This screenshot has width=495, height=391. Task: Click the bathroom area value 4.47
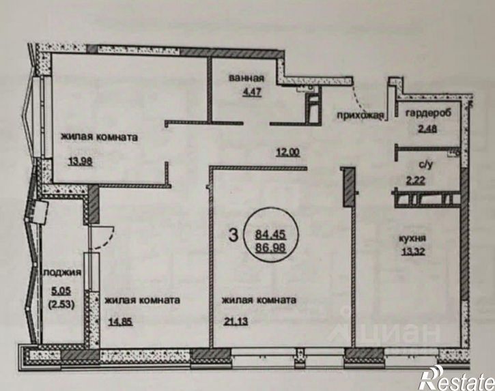(252, 92)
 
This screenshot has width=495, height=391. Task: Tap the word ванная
(246, 78)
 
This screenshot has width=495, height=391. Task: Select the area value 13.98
(81, 162)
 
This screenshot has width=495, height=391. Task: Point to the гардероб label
(428, 113)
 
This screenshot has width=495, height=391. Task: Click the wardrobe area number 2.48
(427, 129)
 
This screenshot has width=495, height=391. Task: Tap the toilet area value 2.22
(415, 181)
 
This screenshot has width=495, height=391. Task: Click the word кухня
(412, 238)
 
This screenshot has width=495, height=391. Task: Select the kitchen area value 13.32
(413, 252)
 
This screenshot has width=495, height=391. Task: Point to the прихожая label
(360, 116)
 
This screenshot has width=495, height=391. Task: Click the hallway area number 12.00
(288, 152)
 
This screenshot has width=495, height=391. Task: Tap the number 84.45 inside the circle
(270, 234)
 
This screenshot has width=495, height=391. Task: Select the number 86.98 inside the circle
(270, 248)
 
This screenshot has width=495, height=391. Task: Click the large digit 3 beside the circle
(233, 235)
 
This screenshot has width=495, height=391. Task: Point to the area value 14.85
(120, 321)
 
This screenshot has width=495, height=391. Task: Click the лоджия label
(62, 272)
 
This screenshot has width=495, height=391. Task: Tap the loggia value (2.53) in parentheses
(61, 304)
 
